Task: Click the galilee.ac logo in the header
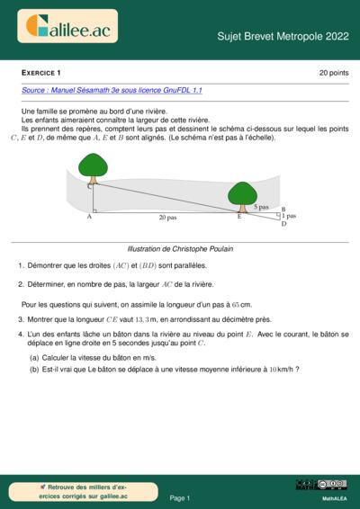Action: pyautogui.click(x=71, y=29)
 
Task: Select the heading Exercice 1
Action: pyautogui.click(x=41, y=72)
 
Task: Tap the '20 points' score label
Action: pyautogui.click(x=333, y=72)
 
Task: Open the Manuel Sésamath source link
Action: pyautogui.click(x=112, y=91)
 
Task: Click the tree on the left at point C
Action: pyautogui.click(x=93, y=166)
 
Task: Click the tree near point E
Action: pyautogui.click(x=241, y=193)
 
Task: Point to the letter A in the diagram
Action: pyautogui.click(x=89, y=217)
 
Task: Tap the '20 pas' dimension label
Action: pyautogui.click(x=168, y=218)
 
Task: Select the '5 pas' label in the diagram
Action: pyautogui.click(x=261, y=207)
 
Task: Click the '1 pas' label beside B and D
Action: pyautogui.click(x=288, y=216)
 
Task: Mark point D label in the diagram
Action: pyautogui.click(x=283, y=223)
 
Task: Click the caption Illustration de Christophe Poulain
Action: pyautogui.click(x=180, y=248)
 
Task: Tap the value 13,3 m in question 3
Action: pyautogui.click(x=146, y=319)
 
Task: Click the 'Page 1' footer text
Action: pyautogui.click(x=180, y=497)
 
